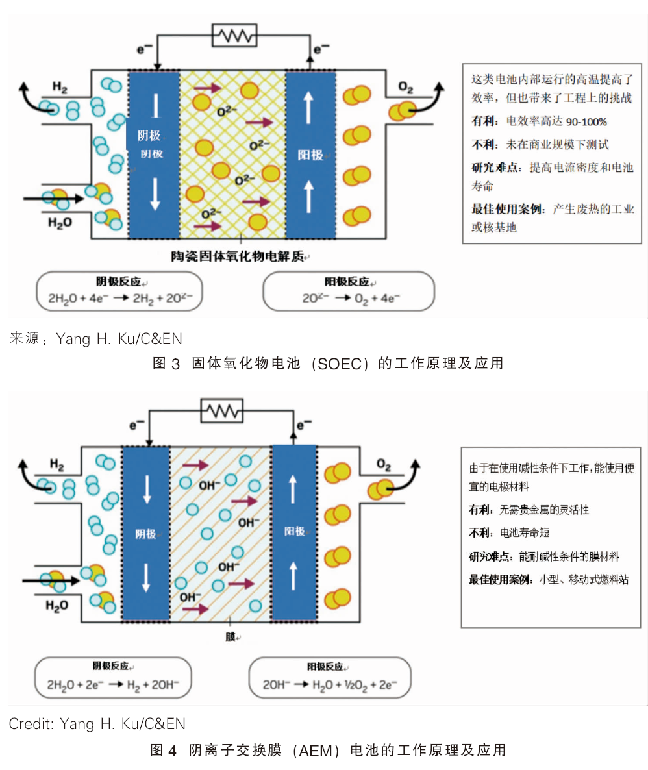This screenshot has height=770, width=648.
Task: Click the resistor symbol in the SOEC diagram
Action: [x=234, y=35]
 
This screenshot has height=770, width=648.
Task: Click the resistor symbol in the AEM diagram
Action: [x=222, y=410]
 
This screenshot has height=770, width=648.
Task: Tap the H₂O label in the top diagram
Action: [x=60, y=223]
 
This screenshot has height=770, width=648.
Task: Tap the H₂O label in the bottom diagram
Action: [x=57, y=606]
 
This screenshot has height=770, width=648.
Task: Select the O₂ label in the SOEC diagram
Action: [x=405, y=88]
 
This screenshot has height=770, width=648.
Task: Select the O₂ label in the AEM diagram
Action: [x=384, y=464]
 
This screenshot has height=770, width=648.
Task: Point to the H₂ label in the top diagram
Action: [x=60, y=88]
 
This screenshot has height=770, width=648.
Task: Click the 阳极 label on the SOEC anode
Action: [x=310, y=155]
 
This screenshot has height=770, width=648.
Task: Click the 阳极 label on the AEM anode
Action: [x=294, y=531]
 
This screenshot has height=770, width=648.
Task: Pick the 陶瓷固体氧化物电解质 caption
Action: [x=237, y=256]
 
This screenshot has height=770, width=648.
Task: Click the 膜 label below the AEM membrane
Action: [x=231, y=637]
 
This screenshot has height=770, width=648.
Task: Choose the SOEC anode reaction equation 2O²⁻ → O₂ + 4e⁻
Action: [x=351, y=298]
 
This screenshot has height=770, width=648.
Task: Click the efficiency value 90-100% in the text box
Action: [x=586, y=122]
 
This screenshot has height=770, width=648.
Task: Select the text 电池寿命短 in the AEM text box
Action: [x=524, y=533]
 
